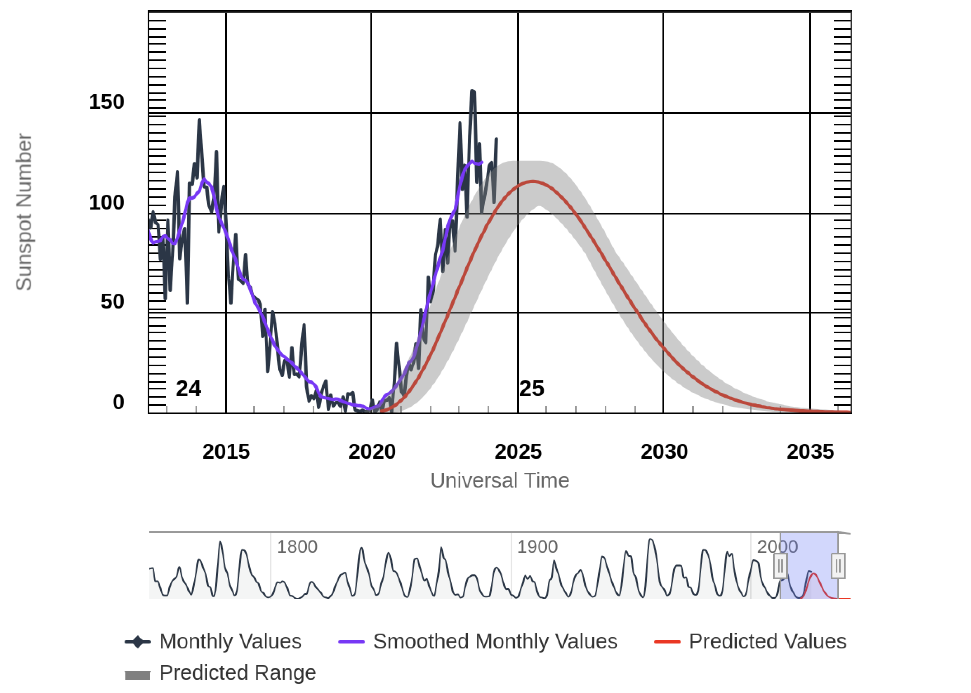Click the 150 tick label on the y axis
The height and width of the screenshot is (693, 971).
click(106, 102)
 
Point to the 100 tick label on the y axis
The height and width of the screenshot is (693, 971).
click(106, 202)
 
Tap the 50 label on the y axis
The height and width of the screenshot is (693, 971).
click(112, 302)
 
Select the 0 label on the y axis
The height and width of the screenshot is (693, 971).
click(118, 402)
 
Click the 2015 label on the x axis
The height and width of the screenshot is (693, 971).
click(226, 451)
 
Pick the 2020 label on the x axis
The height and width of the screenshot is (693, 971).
click(372, 451)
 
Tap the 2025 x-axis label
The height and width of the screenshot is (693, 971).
click(518, 451)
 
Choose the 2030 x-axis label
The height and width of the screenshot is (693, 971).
click(664, 451)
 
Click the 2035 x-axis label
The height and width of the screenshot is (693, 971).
click(810, 451)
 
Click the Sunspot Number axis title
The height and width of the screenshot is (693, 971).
click(24, 212)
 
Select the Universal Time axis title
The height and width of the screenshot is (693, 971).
click(500, 481)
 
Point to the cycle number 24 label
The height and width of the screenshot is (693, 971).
click(188, 388)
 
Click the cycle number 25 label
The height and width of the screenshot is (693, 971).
click(532, 388)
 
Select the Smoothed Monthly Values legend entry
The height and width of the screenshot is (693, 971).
click(495, 641)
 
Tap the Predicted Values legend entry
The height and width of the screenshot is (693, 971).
click(767, 641)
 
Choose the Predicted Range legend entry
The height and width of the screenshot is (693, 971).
click(237, 672)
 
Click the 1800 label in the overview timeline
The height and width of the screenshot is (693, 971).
click(297, 547)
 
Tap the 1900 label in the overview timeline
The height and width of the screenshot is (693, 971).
click(537, 547)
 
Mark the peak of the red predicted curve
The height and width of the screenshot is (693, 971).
click(533, 181)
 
